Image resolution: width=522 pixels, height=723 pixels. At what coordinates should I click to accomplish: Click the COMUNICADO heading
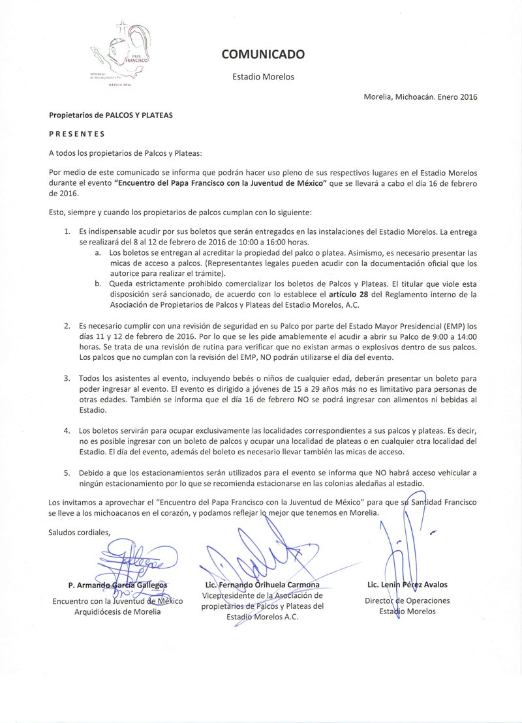tap(262, 55)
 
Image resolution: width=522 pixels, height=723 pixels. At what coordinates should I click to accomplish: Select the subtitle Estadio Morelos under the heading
tap(263, 77)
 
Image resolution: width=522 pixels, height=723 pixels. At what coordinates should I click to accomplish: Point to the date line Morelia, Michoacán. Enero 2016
tap(420, 97)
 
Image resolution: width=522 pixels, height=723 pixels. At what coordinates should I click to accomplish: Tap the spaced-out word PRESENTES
tap(76, 134)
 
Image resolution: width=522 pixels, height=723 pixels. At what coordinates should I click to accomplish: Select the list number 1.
tap(67, 231)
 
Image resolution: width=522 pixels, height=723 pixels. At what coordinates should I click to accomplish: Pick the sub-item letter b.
tap(97, 284)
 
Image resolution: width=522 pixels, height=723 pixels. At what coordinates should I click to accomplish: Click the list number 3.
tap(67, 378)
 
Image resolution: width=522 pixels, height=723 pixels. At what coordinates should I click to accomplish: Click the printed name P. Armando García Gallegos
tap(117, 585)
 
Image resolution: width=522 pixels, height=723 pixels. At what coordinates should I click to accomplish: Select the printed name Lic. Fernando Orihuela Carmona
tap(262, 585)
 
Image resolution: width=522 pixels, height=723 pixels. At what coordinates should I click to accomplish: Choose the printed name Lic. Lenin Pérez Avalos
tap(407, 585)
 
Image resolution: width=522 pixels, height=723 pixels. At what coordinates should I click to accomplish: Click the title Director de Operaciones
tap(407, 600)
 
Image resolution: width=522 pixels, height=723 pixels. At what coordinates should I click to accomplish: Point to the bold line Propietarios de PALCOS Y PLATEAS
tap(110, 115)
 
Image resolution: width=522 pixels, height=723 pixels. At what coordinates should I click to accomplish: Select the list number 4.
tap(67, 431)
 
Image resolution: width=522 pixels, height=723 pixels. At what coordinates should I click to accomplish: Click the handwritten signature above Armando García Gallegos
tap(137, 561)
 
